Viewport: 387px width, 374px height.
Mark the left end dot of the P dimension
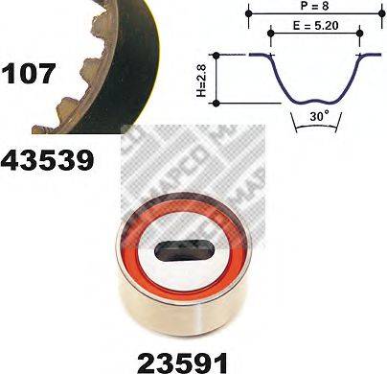point(249,16)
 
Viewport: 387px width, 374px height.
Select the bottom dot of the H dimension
point(220,102)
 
